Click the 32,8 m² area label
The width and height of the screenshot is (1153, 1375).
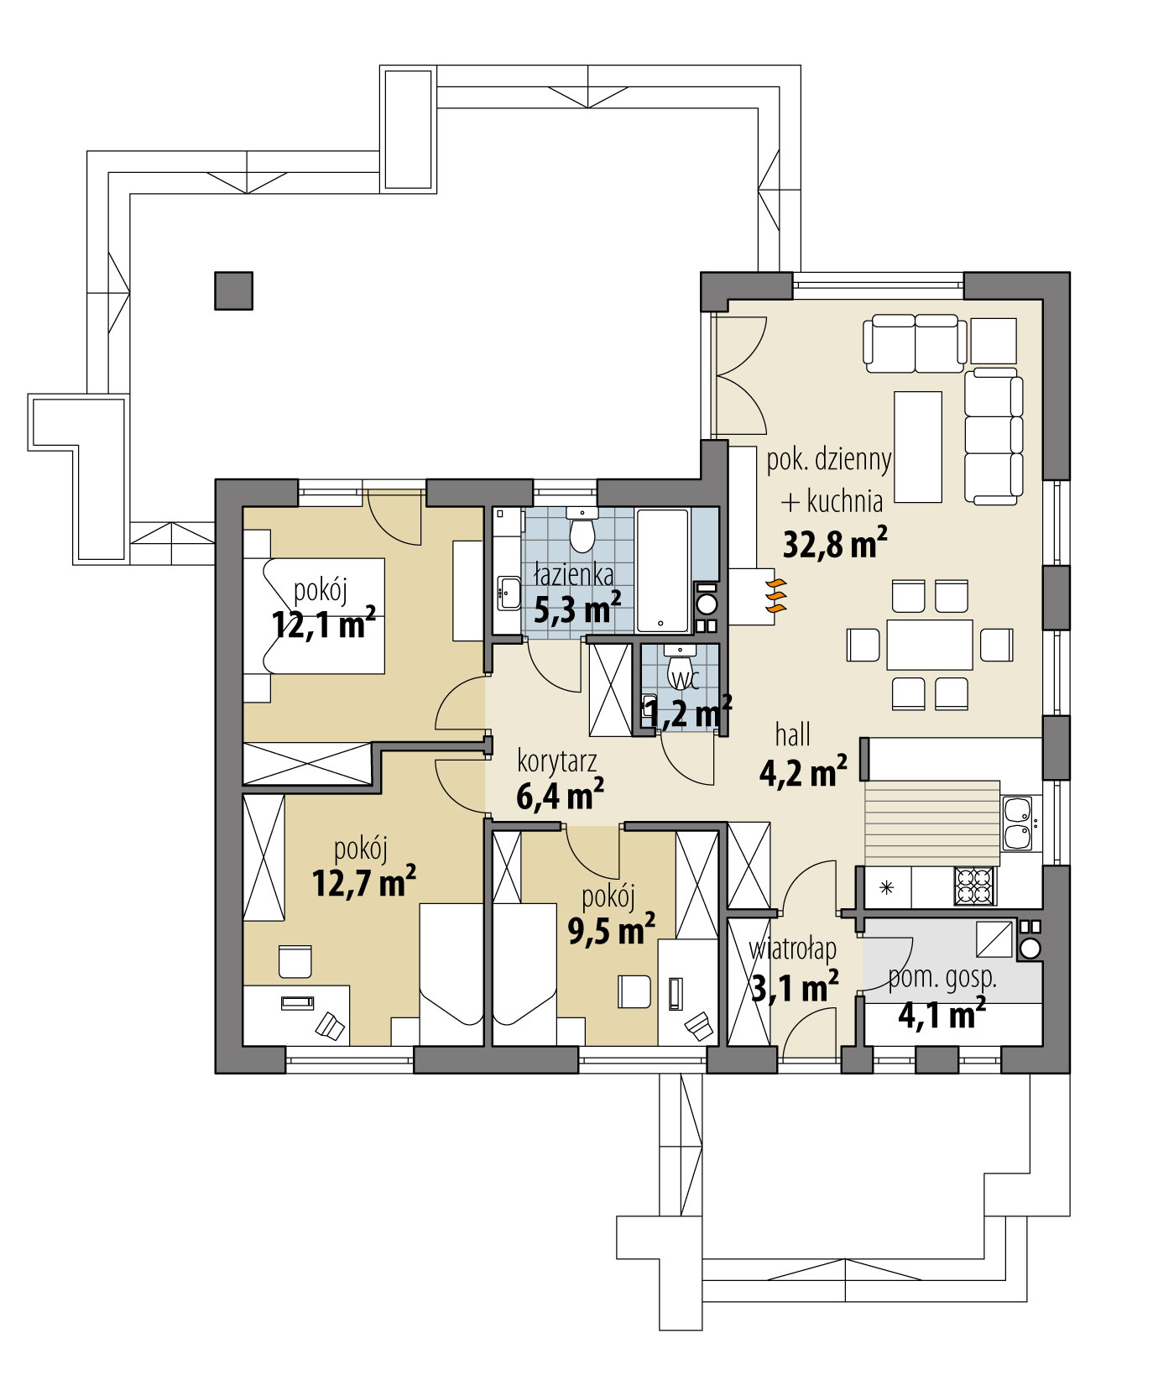pyautogui.click(x=834, y=543)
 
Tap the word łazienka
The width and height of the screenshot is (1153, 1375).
pyautogui.click(x=575, y=575)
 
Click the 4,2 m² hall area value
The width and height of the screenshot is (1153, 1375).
pyautogui.click(x=802, y=772)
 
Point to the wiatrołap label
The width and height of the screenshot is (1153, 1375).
pyautogui.click(x=793, y=949)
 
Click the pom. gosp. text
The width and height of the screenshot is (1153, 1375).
pyautogui.click(x=942, y=978)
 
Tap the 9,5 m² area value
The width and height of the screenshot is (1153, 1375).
pyautogui.click(x=611, y=930)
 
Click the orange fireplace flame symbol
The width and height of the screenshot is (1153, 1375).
pyautogui.click(x=777, y=593)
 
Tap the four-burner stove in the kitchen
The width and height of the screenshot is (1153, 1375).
pyautogui.click(x=974, y=885)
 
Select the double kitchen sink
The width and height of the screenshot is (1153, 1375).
pyautogui.click(x=1016, y=823)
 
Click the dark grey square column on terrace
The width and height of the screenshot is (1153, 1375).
pyautogui.click(x=233, y=290)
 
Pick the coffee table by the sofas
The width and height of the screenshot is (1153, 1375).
pyautogui.click(x=917, y=446)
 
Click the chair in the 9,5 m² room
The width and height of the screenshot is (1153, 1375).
pyautogui.click(x=634, y=991)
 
